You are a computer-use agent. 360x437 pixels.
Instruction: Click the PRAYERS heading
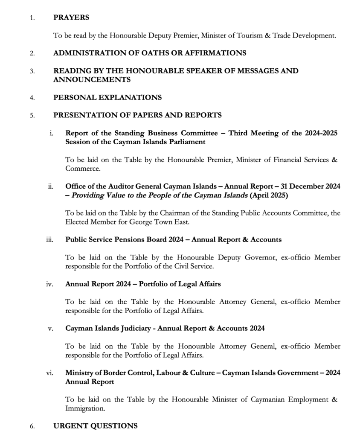[71, 17]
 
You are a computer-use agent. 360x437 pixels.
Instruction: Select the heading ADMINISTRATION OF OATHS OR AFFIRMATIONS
[149, 53]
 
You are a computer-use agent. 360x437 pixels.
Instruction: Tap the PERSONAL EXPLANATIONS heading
[107, 97]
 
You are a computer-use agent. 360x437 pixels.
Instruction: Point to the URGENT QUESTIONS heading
[96, 425]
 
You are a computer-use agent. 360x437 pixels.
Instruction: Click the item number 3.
[32, 71]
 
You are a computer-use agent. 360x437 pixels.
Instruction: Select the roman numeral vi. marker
[49, 373]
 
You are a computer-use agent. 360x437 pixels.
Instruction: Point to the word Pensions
[125, 239]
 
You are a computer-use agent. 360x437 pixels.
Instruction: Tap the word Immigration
[85, 408]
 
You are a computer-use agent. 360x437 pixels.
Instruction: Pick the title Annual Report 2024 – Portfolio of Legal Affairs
[143, 284]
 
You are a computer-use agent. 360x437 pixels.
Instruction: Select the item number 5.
[32, 115]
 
